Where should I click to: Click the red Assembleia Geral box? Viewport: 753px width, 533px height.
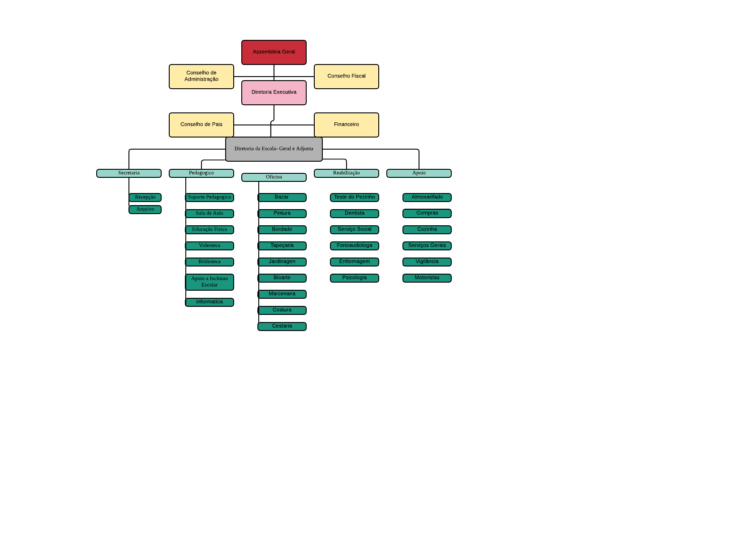coord(274,52)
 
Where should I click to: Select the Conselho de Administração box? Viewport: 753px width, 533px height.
coord(201,77)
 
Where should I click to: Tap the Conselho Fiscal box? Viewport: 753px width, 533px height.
coord(346,77)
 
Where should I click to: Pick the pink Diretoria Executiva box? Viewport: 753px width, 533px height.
coord(274,93)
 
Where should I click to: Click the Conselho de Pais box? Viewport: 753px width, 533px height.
coord(201,125)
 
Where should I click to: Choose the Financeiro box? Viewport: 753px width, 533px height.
coord(346,125)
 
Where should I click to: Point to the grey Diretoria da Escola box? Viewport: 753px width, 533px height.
coord(274,149)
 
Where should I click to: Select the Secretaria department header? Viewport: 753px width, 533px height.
coord(129,173)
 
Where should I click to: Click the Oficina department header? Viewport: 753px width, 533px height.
coord(274,177)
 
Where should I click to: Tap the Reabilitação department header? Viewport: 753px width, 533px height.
coord(346,173)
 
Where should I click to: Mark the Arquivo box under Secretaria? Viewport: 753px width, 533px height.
coord(145,210)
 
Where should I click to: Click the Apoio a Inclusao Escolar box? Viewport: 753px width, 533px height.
coord(210,282)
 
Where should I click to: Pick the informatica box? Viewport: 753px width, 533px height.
coord(210,302)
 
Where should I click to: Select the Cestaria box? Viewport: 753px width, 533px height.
coord(282,327)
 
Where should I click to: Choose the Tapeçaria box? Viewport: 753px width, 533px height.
coord(282,246)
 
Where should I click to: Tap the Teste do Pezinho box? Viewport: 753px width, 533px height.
coord(354,198)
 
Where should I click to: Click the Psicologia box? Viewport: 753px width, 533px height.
coord(354,278)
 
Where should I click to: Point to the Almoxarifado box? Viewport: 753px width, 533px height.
coord(427,198)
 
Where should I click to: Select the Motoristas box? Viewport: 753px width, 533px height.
coord(427,278)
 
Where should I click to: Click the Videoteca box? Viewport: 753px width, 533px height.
coord(210,246)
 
